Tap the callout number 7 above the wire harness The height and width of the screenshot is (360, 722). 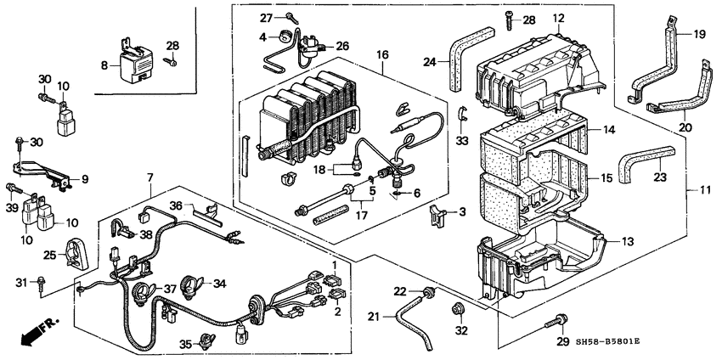tap(149, 177)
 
